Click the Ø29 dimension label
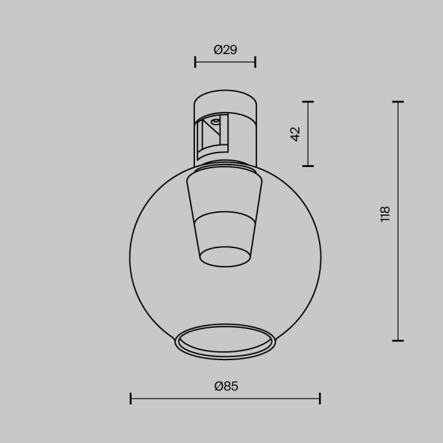click(225, 49)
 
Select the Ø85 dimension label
click(226, 386)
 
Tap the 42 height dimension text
click(295, 134)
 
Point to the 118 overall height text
click(385, 214)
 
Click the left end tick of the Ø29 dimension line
click(195, 61)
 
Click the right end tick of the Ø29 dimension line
click(255, 61)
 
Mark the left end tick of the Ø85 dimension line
click(130, 398)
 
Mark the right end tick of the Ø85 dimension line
click(320, 398)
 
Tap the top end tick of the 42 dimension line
click(308, 101)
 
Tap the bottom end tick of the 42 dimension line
click(308, 166)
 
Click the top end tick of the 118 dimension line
click(398, 101)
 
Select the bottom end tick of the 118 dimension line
click(398, 340)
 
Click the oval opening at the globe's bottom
click(225, 342)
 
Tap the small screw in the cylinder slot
click(215, 121)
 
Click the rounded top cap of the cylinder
click(225, 101)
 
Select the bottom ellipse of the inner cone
click(225, 256)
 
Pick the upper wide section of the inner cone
click(225, 196)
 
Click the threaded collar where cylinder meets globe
click(225, 166)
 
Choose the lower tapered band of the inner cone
click(225, 234)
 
